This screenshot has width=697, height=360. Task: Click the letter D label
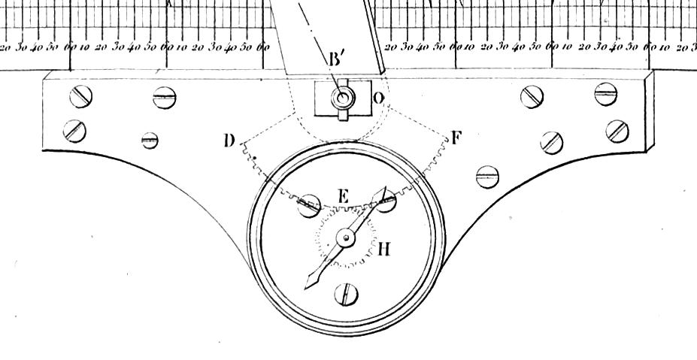coord(230,141)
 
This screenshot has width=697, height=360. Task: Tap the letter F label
coord(456,138)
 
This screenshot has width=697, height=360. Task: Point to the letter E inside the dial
coord(343,196)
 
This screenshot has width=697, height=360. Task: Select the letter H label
coord(384,250)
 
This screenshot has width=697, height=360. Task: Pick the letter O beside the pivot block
coord(378,98)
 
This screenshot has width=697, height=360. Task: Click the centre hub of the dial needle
coord(345,238)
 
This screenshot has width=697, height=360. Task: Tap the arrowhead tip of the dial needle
coord(308,286)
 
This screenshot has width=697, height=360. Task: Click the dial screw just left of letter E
coord(309,206)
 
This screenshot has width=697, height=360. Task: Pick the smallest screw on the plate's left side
coord(150,140)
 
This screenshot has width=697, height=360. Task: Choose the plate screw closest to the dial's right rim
coord(487,177)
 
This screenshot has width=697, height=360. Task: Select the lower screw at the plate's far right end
coord(617,130)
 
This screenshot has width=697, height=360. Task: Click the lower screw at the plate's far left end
coord(74,130)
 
